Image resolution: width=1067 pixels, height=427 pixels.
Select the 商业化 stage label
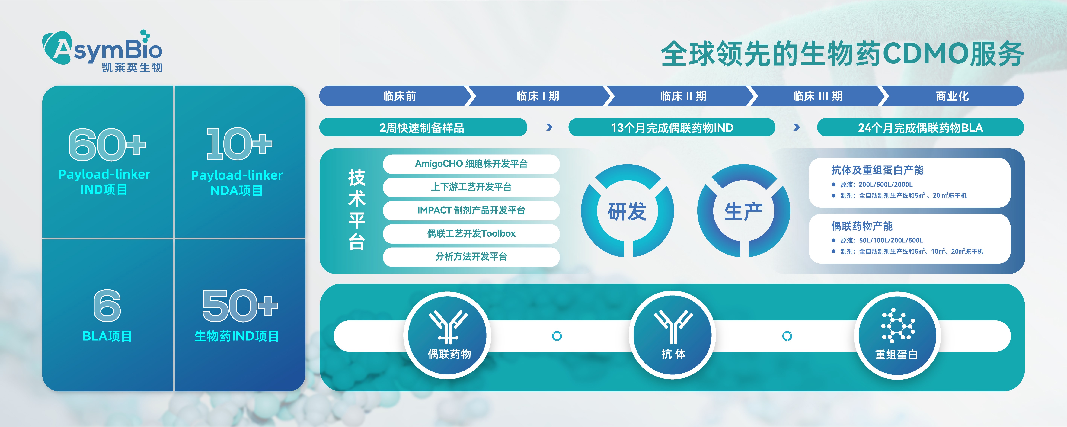[952, 96]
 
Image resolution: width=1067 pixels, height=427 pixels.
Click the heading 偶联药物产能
[861, 226]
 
